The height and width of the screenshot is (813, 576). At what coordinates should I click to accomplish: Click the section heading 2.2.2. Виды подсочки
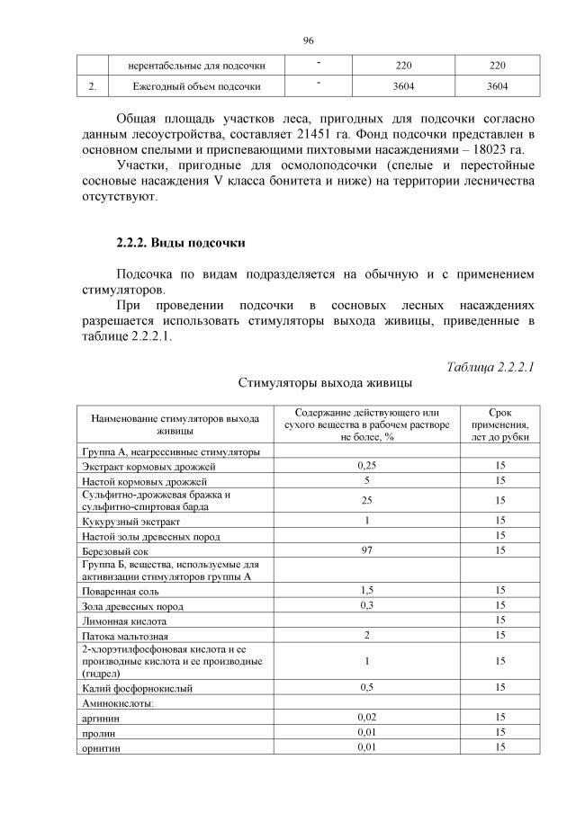[x=180, y=244]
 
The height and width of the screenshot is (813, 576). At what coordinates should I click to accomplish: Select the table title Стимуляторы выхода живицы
[x=325, y=383]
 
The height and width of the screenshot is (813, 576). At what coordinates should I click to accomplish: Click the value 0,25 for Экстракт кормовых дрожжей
[x=366, y=466]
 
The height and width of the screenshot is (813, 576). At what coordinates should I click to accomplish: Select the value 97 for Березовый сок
[x=366, y=550]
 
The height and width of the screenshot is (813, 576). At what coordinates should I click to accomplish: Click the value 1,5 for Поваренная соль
[x=366, y=590]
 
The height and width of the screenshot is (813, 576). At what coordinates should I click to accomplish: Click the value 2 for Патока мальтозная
[x=366, y=636]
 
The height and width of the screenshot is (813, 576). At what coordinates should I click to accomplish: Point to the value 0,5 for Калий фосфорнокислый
[x=366, y=687]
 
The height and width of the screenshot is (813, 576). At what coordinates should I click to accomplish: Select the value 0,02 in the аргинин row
[x=366, y=718]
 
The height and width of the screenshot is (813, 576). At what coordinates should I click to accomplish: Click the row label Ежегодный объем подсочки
[x=184, y=87]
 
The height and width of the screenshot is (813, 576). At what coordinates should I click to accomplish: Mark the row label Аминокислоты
[x=117, y=703]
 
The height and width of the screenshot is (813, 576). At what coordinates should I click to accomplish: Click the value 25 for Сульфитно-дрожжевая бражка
[x=366, y=500]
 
